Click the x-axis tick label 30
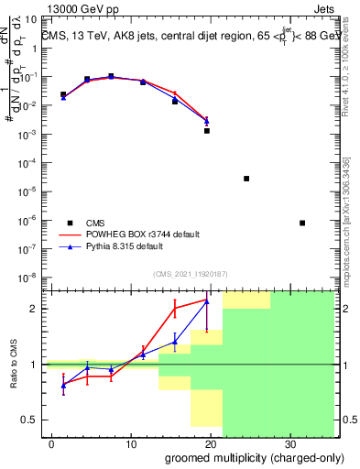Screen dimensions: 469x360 tap(289, 443)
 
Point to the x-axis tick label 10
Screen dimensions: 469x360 tap(131, 443)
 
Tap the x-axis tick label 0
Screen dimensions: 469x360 tap(52, 443)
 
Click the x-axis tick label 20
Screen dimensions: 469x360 tap(210, 443)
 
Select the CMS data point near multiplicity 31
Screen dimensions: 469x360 tap(302, 223)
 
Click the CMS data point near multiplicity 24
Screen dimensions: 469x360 tap(246, 178)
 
